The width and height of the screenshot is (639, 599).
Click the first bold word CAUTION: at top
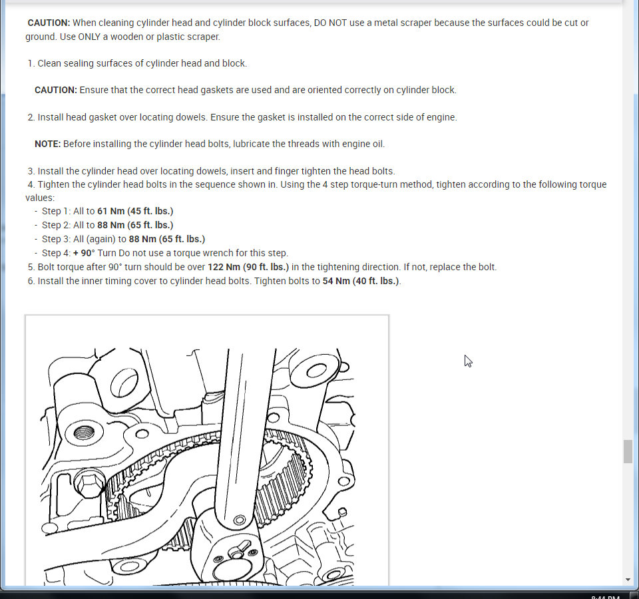[49, 23]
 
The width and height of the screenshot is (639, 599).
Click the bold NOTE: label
[47, 144]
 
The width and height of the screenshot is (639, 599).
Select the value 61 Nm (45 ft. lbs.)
[135, 211]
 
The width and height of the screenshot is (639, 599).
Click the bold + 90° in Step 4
[85, 253]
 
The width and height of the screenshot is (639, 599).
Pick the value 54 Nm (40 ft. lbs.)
[361, 281]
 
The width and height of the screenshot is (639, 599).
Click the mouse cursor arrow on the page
[467, 360]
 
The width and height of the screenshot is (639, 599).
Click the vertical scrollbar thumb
[628, 451]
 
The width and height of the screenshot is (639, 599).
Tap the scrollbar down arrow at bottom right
[628, 580]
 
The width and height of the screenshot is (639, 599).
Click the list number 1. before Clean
[31, 63]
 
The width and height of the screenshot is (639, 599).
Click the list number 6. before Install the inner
[31, 281]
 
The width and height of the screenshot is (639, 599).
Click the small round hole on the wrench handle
[238, 519]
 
